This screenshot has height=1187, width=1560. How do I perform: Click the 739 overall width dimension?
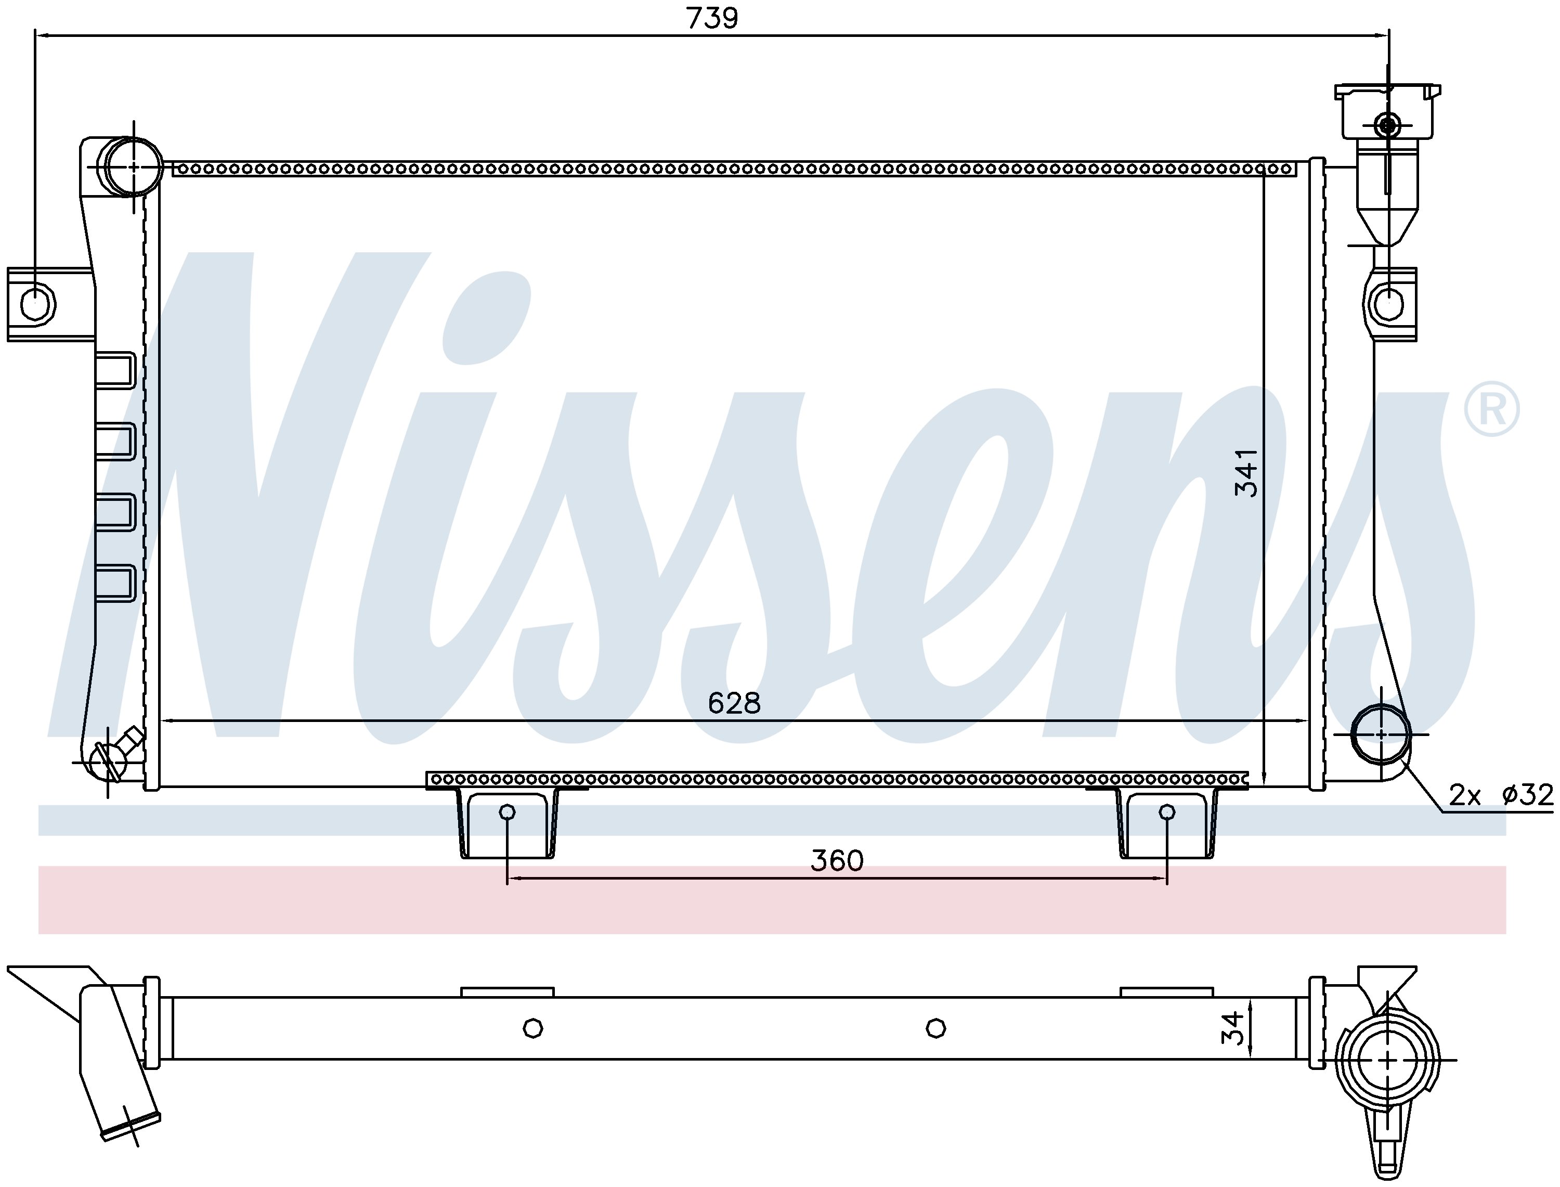pyautogui.click(x=712, y=18)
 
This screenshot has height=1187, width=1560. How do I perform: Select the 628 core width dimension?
pyautogui.click(x=734, y=703)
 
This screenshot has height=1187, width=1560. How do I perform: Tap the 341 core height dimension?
pyautogui.click(x=1246, y=472)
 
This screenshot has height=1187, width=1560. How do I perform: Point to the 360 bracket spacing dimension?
pyautogui.click(x=837, y=860)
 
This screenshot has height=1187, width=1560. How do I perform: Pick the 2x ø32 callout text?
pyautogui.click(x=1501, y=795)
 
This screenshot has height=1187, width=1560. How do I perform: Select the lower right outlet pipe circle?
pyautogui.click(x=1381, y=734)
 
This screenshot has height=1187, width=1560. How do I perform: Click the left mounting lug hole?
pyautogui.click(x=37, y=304)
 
